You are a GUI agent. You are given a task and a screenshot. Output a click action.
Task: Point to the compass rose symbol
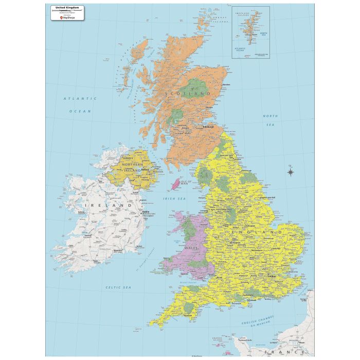click(291, 172)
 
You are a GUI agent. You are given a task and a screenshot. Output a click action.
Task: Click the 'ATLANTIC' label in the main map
click(80, 98)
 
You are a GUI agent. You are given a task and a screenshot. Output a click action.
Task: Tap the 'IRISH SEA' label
click(175, 199)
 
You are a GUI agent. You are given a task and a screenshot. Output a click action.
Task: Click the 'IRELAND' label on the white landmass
click(107, 205)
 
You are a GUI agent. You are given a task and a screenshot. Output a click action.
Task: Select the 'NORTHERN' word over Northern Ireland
click(133, 164)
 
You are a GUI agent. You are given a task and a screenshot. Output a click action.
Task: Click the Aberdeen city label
click(224, 85)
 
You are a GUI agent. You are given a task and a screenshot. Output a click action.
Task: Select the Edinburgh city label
click(209, 127)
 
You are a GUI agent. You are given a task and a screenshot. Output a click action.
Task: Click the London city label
click(273, 276)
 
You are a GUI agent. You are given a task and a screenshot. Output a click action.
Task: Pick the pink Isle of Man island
click(176, 183)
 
